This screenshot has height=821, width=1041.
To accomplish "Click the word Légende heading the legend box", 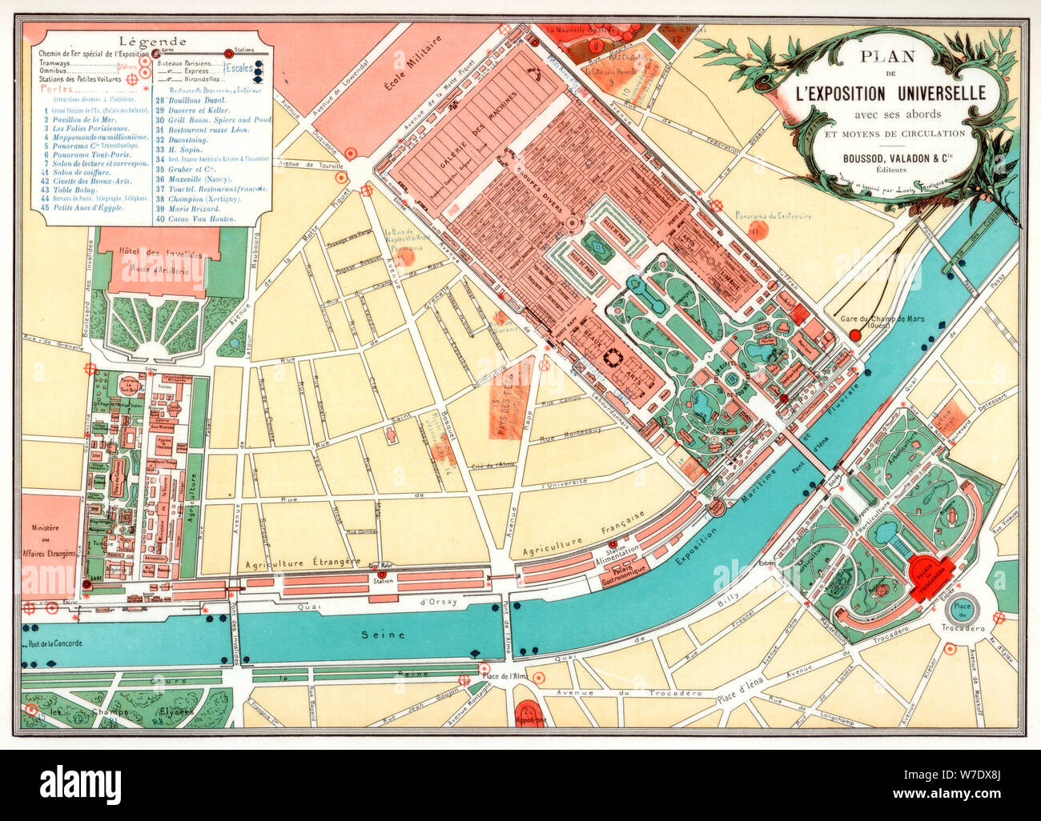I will coord(152,42).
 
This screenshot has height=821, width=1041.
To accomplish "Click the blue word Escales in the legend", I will coord(239,69).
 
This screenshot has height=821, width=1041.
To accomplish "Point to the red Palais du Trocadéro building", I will coord(930,571).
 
